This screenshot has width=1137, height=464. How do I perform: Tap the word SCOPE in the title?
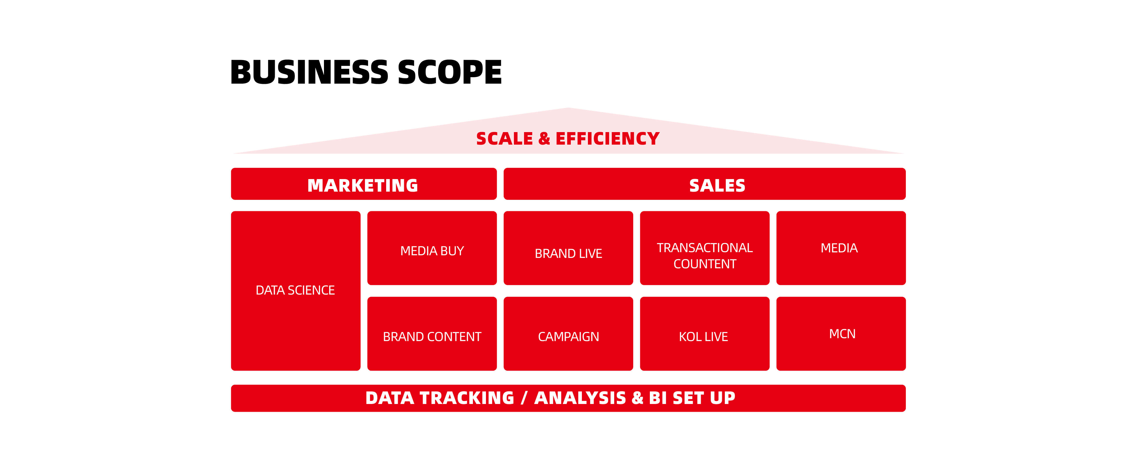(450, 72)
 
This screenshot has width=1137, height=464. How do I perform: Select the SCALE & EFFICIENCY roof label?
(568, 139)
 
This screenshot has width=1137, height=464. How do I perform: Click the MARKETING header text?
(362, 185)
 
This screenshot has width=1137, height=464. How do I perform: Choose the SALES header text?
(717, 185)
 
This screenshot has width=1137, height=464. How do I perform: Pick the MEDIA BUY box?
(432, 248)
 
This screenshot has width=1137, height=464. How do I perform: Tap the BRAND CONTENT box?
(432, 334)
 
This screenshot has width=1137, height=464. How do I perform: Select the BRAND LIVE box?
(568, 248)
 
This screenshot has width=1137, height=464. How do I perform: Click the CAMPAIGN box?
(568, 334)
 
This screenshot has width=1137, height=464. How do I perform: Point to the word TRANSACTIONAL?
(705, 248)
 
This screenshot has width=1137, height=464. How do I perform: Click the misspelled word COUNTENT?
(705, 264)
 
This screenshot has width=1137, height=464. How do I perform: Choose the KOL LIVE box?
(705, 334)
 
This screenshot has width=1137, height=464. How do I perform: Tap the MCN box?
(841, 334)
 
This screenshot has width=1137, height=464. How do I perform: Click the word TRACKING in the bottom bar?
(467, 398)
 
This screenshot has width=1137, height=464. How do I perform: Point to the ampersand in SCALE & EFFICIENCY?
(544, 139)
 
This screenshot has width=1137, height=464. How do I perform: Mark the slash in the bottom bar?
(524, 398)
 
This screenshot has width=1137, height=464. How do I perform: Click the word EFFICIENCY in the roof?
(607, 139)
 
